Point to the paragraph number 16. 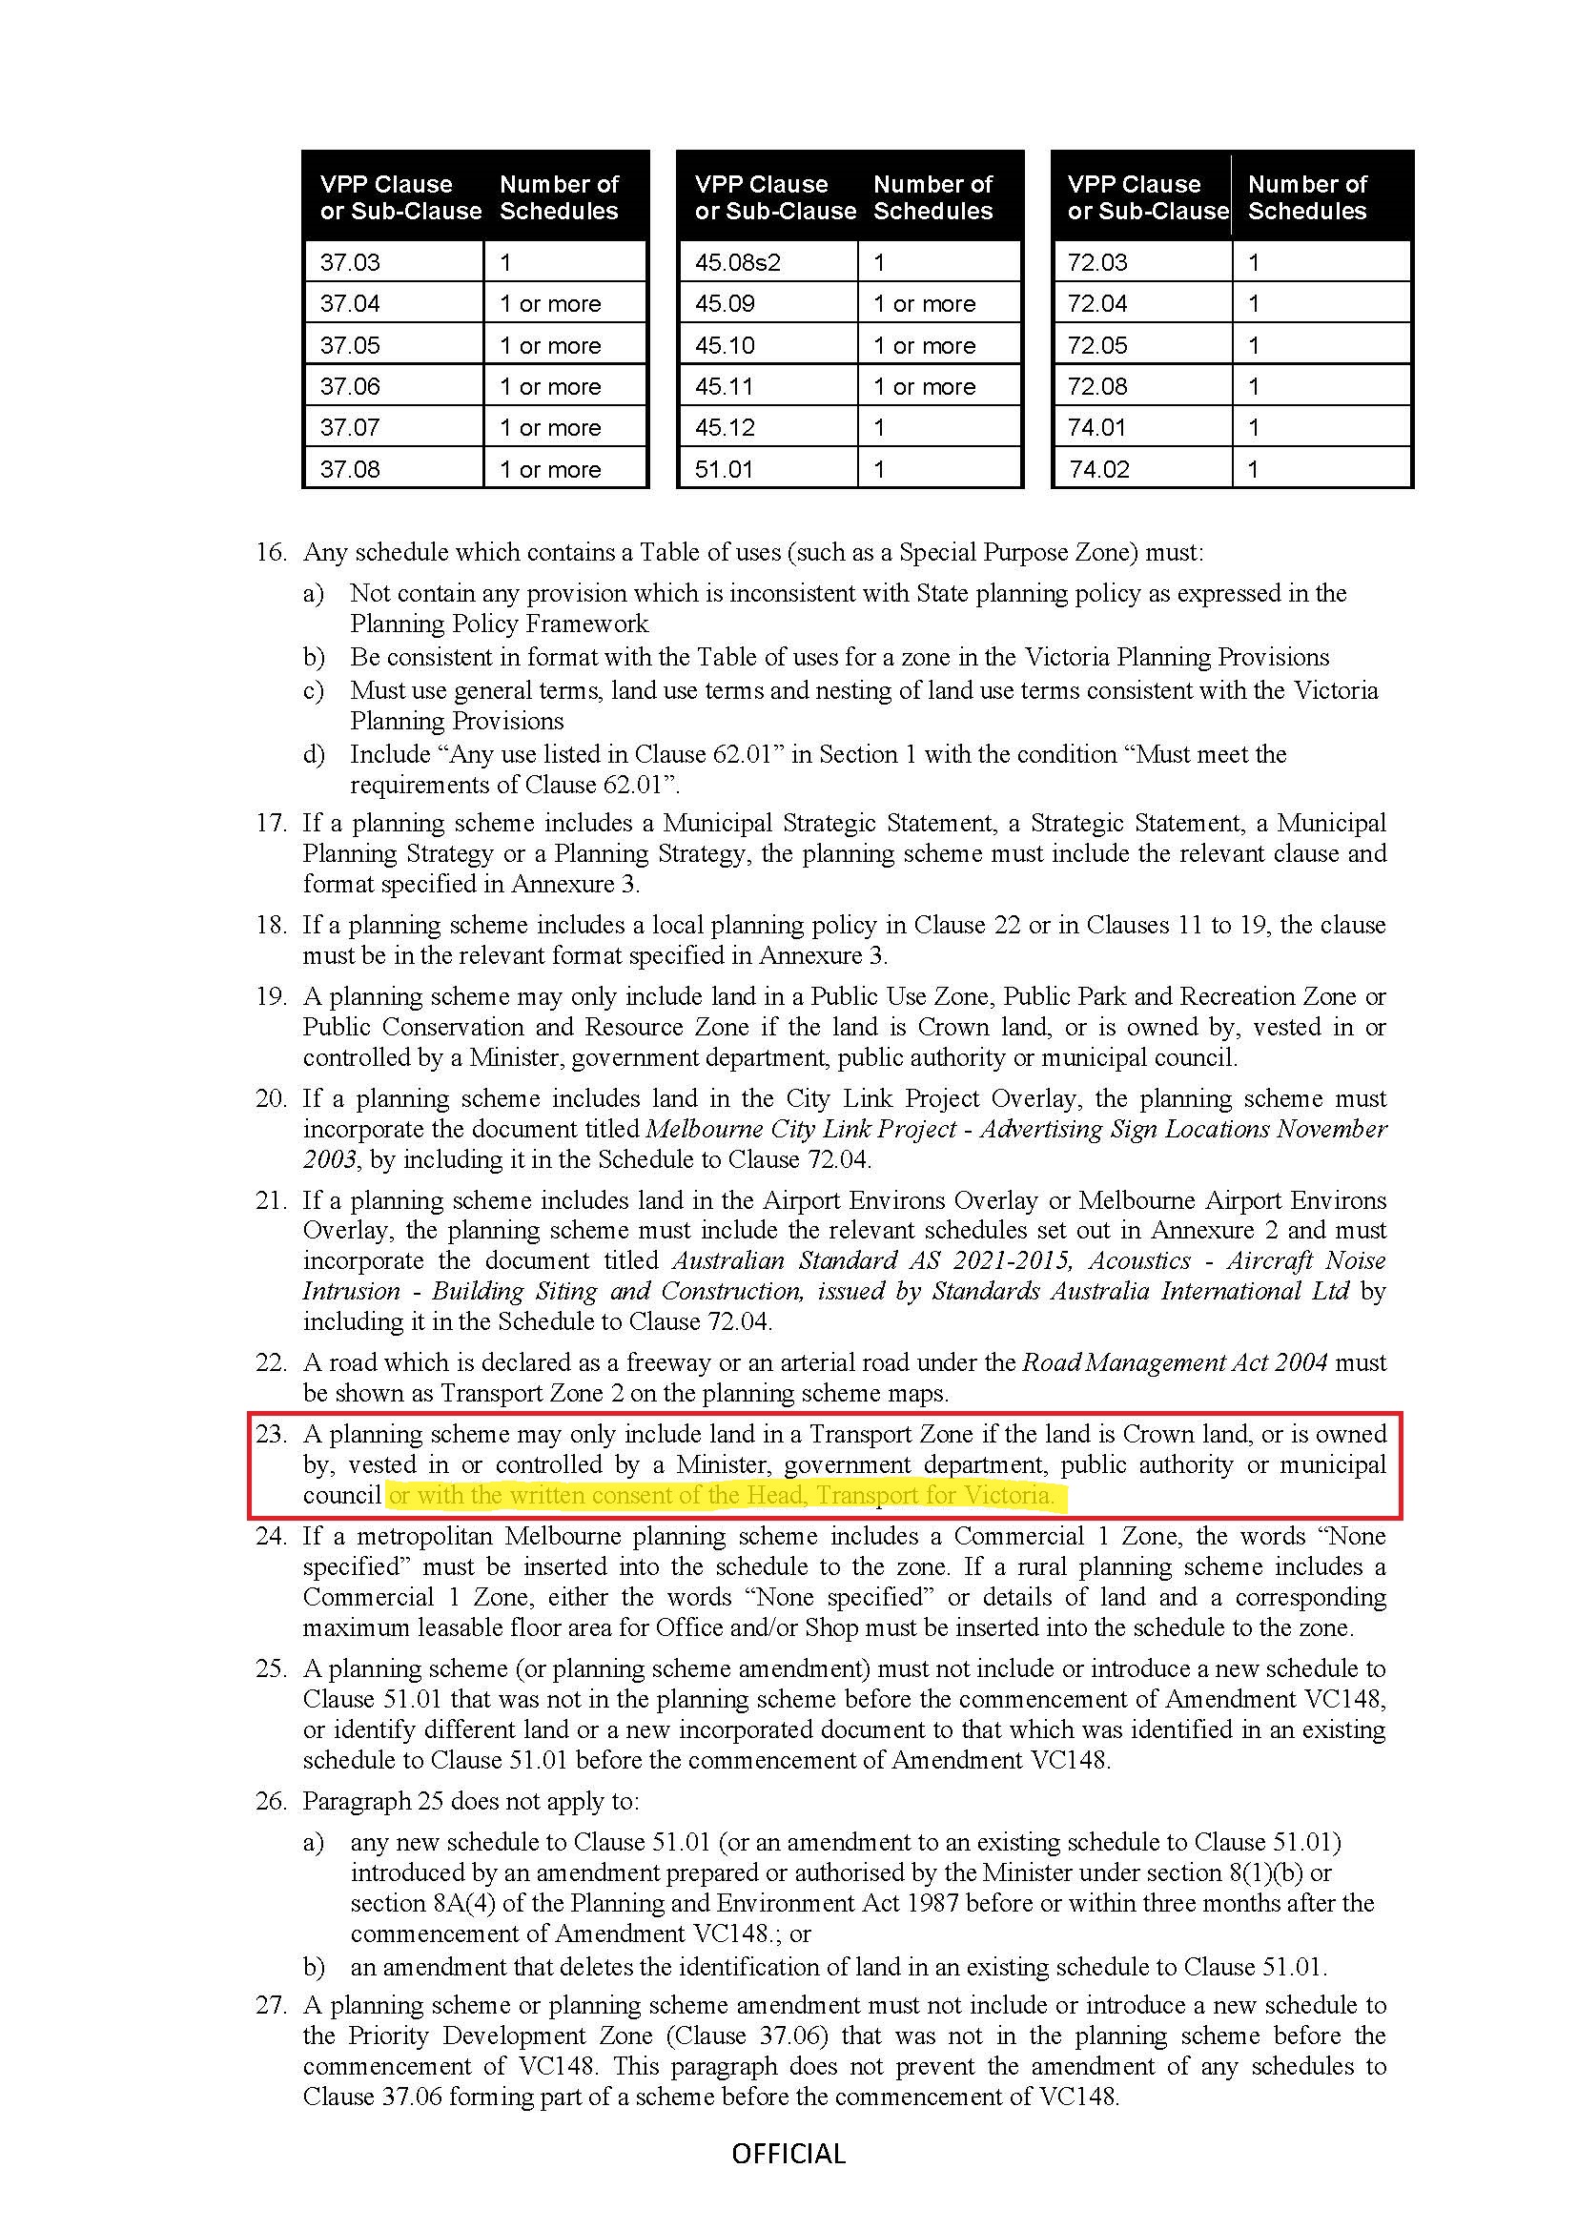pyautogui.click(x=271, y=553)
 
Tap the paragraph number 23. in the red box pyautogui.click(x=271, y=1435)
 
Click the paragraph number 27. pyautogui.click(x=271, y=2005)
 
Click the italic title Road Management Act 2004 pyautogui.click(x=1174, y=1362)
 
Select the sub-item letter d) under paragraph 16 pyautogui.click(x=314, y=755)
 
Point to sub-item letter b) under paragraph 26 pyautogui.click(x=314, y=1968)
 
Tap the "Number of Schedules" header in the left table pyautogui.click(x=560, y=197)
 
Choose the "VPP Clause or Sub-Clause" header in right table pyautogui.click(x=1141, y=197)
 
